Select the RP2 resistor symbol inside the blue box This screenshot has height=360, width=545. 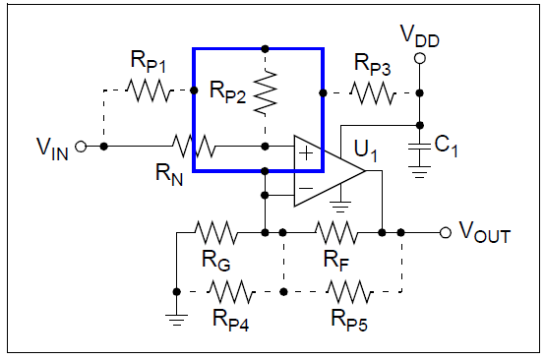(x=266, y=93)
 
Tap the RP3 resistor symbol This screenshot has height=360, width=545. (x=372, y=93)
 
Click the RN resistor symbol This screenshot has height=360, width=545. (x=193, y=147)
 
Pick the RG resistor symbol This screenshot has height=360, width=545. (x=214, y=233)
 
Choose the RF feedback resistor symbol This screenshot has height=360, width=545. (x=335, y=233)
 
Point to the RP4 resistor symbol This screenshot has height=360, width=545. (x=228, y=291)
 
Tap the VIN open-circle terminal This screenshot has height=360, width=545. (x=81, y=147)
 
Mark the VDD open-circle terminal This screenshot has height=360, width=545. (x=420, y=59)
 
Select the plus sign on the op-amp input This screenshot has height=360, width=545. (x=305, y=153)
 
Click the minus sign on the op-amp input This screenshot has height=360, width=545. (x=305, y=187)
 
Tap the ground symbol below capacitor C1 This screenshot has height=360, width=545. (x=420, y=171)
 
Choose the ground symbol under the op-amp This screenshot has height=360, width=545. (x=339, y=208)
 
